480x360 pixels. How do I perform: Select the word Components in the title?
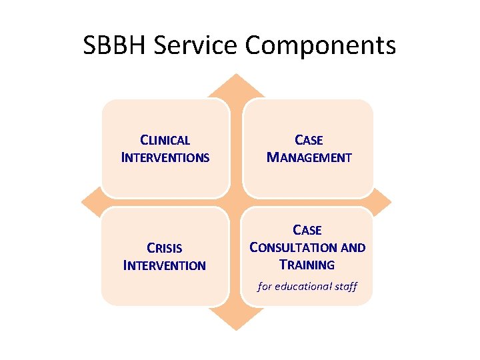[321, 45]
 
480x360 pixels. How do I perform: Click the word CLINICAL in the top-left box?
[165, 141]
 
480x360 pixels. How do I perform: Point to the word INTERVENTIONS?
[165, 158]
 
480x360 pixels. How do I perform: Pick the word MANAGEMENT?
[309, 158]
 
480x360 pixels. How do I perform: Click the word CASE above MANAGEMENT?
[309, 141]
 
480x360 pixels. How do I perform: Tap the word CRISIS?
[165, 249]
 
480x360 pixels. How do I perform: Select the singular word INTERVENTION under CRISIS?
[165, 266]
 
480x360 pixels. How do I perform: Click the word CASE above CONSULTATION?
[307, 231]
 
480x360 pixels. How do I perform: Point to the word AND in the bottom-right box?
[353, 248]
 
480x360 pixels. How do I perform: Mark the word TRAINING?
[307, 265]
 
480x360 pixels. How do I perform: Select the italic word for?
[265, 286]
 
